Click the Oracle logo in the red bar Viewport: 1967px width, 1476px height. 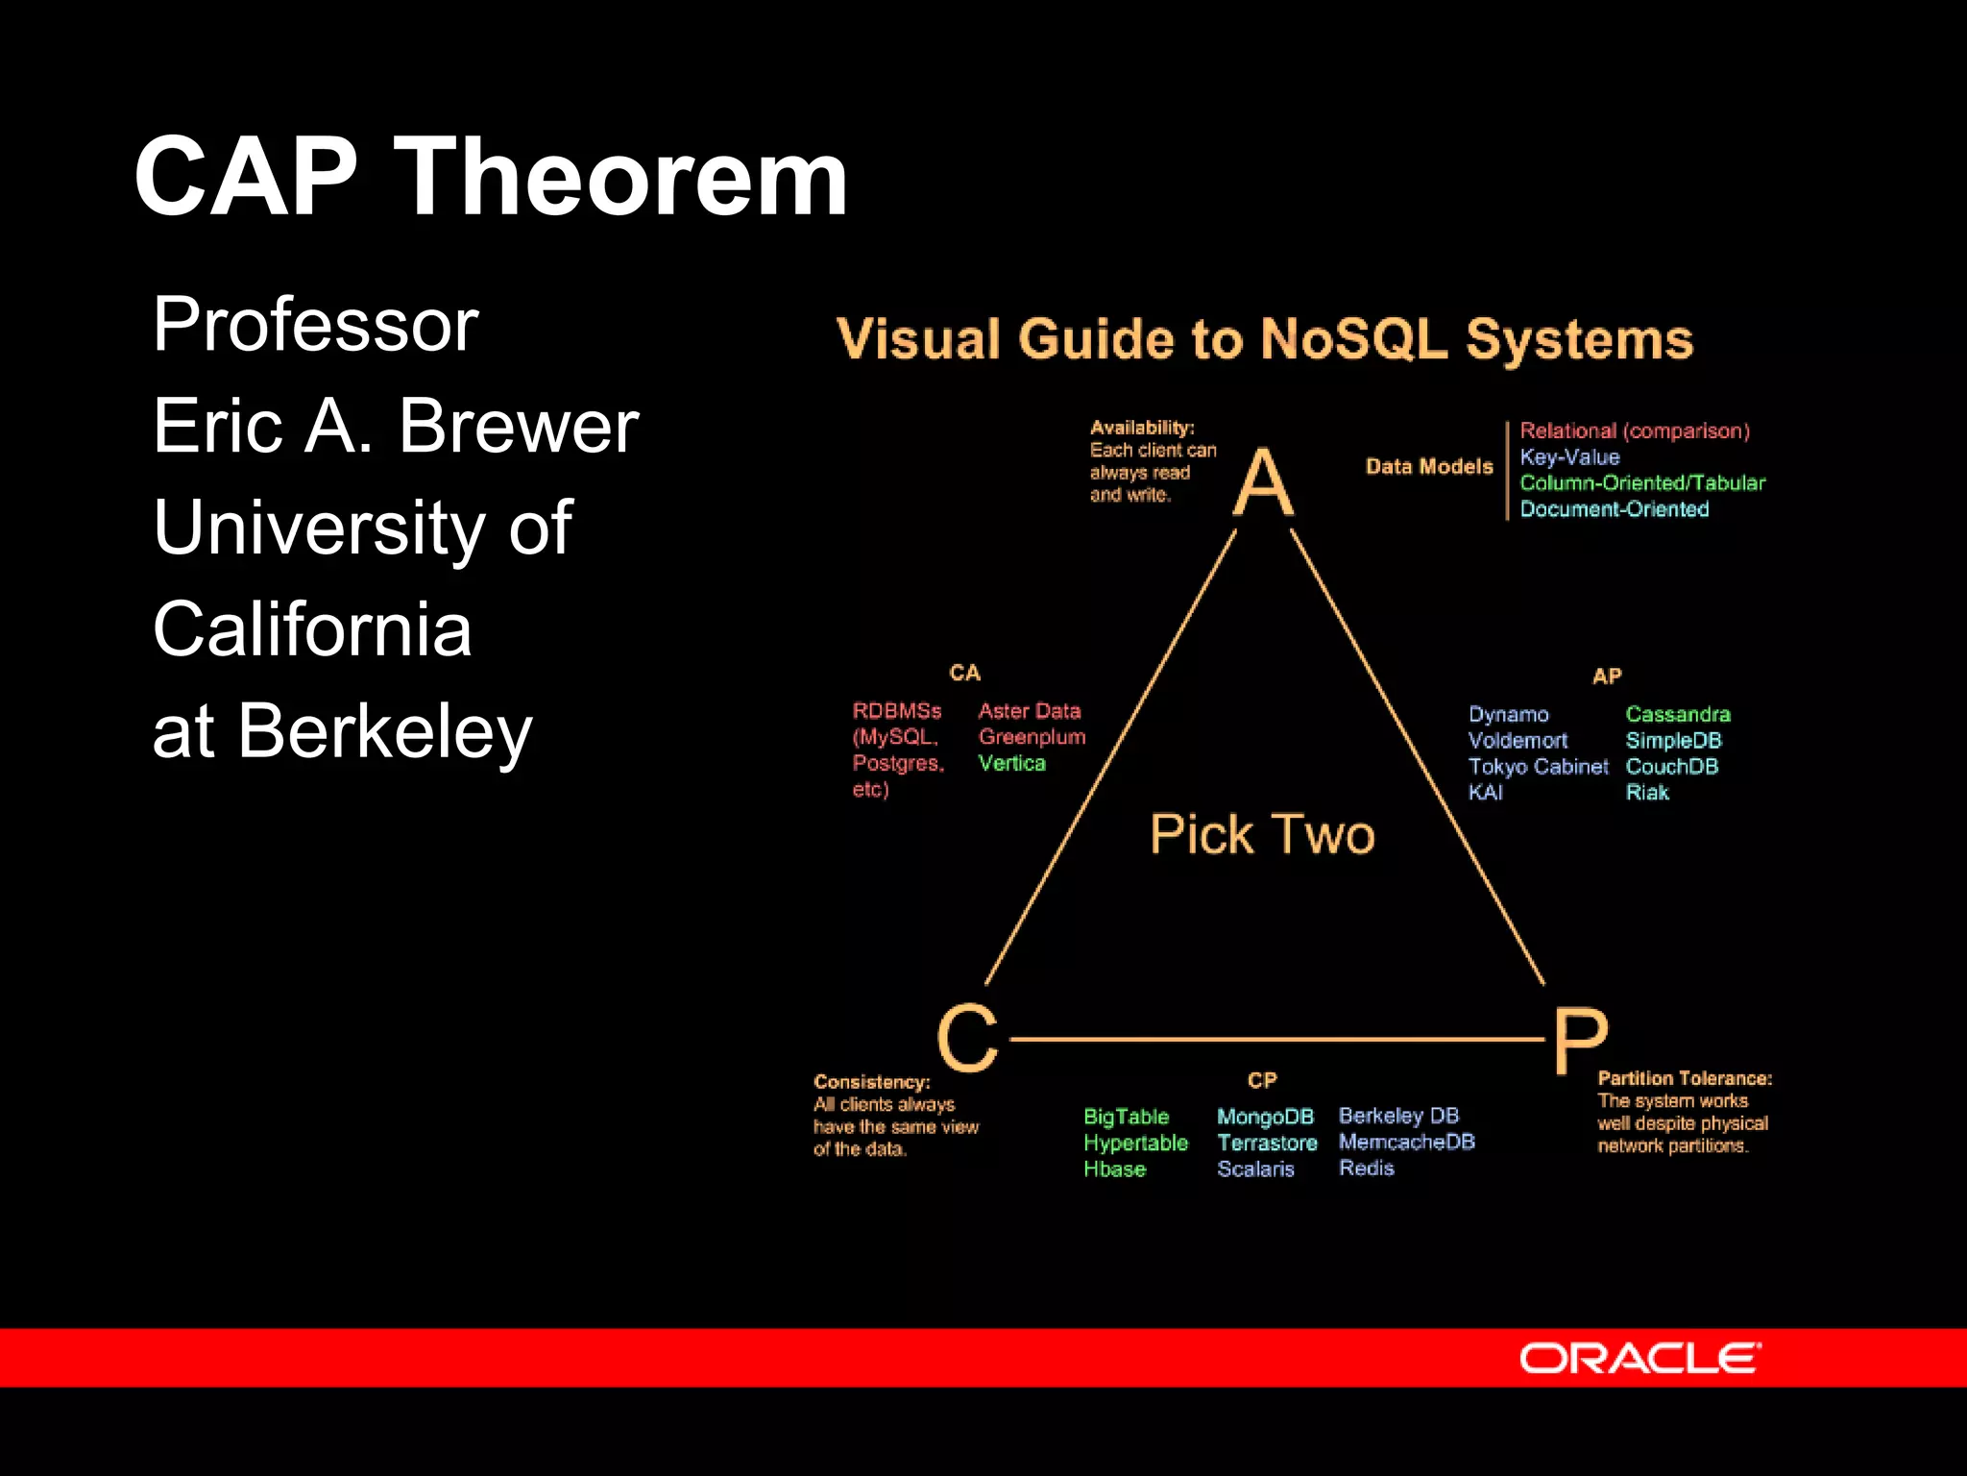(x=1639, y=1359)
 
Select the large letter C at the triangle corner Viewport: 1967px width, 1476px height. (x=967, y=1038)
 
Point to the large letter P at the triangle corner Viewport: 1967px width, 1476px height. (x=1580, y=1040)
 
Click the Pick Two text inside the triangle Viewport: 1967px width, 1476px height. (x=1262, y=834)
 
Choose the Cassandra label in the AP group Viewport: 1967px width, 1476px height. (x=1677, y=714)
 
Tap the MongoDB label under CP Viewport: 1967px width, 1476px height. (x=1265, y=1117)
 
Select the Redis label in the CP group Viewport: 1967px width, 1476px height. (x=1366, y=1168)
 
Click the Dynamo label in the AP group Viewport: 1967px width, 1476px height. (x=1508, y=715)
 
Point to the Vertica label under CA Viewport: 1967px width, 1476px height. (x=1011, y=763)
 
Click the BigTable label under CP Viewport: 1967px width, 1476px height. (x=1126, y=1117)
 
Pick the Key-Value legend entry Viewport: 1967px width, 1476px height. (x=1569, y=457)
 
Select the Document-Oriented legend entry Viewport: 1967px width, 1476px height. (x=1614, y=509)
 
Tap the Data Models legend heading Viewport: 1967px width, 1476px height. (x=1429, y=467)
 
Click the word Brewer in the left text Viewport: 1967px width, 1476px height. (x=519, y=426)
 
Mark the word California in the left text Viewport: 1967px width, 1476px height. (x=312, y=629)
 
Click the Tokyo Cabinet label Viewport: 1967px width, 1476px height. (x=1538, y=767)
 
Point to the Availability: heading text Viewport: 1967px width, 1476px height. (x=1142, y=428)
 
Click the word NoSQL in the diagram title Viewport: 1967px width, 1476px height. (x=1353, y=339)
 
